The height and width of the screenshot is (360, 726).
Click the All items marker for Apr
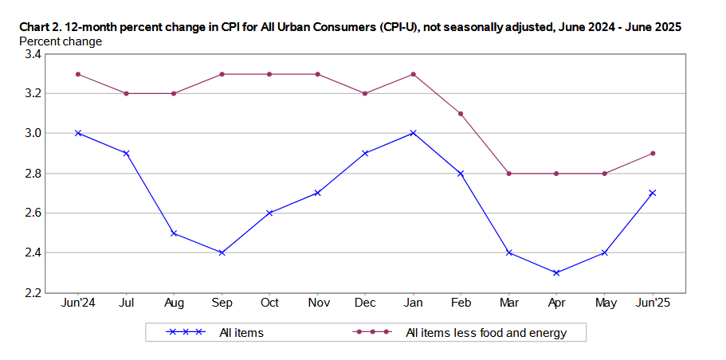(x=556, y=272)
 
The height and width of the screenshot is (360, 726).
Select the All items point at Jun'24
(x=78, y=133)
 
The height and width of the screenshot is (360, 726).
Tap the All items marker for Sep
(x=222, y=252)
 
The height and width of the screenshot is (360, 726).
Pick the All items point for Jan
(x=413, y=133)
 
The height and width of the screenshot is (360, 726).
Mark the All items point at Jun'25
(x=653, y=193)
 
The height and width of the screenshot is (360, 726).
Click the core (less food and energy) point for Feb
(x=461, y=113)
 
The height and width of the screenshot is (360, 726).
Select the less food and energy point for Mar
(x=508, y=173)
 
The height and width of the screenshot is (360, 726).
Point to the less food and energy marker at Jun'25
(x=653, y=153)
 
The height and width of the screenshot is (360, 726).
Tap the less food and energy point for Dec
(x=365, y=93)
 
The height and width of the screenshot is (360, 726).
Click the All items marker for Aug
(x=174, y=233)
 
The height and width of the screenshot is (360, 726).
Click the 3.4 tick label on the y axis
(x=33, y=54)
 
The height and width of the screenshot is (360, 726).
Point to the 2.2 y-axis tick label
(x=33, y=292)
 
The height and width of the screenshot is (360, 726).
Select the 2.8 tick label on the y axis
(x=33, y=173)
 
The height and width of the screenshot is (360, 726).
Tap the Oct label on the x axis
(x=269, y=304)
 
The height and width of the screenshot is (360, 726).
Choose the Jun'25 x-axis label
(x=653, y=304)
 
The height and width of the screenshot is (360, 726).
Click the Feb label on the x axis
(x=461, y=304)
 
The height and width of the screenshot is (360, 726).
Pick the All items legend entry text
(x=241, y=332)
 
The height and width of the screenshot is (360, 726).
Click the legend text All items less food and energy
(x=485, y=332)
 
